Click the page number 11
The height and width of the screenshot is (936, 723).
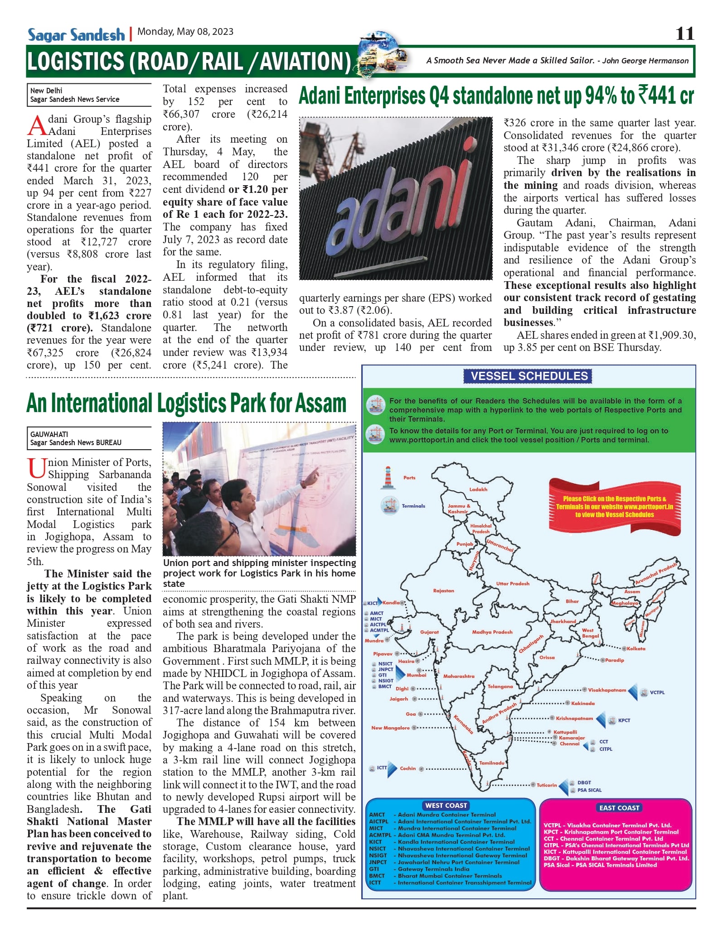pyautogui.click(x=684, y=34)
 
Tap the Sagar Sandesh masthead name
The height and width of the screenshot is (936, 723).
pyautogui.click(x=76, y=35)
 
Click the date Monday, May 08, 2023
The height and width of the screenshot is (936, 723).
pyautogui.click(x=185, y=32)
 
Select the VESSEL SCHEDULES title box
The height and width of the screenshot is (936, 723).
pyautogui.click(x=529, y=376)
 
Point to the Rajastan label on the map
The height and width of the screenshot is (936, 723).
pyautogui.click(x=443, y=591)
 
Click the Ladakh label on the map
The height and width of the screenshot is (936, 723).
pyautogui.click(x=478, y=490)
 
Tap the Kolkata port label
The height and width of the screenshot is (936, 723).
pyautogui.click(x=636, y=649)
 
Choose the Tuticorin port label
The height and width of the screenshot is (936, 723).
pyautogui.click(x=547, y=785)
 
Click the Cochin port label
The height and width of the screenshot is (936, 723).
pyautogui.click(x=408, y=768)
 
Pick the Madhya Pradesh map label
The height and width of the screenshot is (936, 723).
pyautogui.click(x=492, y=632)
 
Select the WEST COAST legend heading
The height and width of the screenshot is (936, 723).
pyautogui.click(x=446, y=806)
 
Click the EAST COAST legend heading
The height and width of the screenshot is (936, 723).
pyautogui.click(x=619, y=808)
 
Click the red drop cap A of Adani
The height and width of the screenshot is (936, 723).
pyautogui.click(x=37, y=125)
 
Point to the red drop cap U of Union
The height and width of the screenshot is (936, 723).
pyautogui.click(x=36, y=468)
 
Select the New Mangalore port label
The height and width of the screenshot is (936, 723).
pyautogui.click(x=390, y=728)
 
